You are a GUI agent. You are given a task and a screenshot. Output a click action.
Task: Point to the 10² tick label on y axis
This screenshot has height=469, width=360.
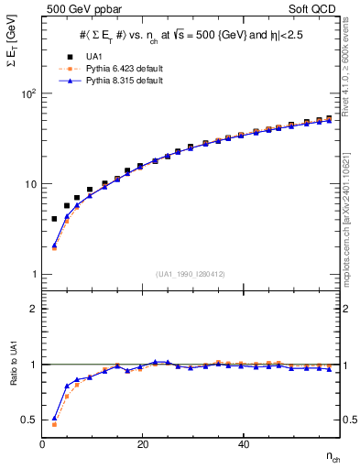click(27, 94)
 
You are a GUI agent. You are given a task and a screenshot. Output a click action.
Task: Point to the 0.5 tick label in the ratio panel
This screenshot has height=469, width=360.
click(27, 420)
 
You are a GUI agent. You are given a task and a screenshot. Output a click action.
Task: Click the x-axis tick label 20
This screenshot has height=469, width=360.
click(142, 444)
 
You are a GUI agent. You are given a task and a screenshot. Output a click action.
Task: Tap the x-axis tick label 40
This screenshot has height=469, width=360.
click(242, 444)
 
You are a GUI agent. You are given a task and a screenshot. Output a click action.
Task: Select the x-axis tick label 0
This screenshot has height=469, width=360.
click(42, 444)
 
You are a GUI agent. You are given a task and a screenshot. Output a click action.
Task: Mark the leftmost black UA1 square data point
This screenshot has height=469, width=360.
click(54, 219)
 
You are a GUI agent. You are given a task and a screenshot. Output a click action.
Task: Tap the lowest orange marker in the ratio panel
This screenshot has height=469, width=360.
click(54, 424)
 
